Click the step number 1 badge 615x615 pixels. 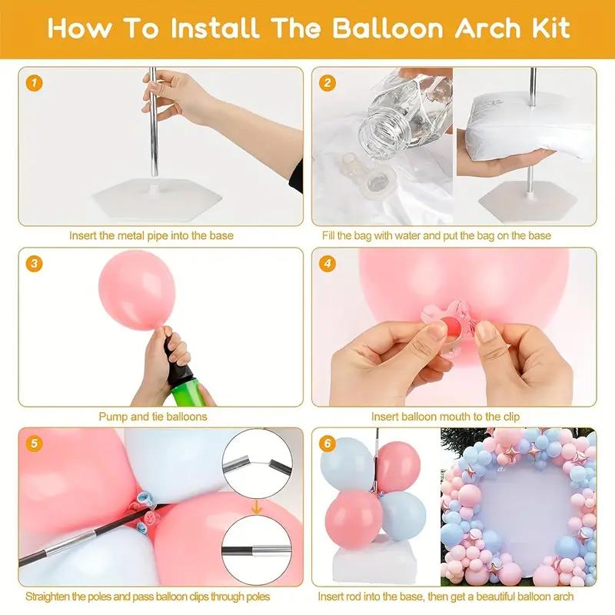click(x=32, y=83)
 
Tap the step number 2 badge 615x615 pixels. click(x=328, y=83)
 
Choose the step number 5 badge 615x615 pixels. click(x=32, y=444)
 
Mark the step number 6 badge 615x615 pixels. click(x=328, y=444)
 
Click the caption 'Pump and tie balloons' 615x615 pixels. click(x=152, y=417)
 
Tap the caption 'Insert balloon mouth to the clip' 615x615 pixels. click(x=445, y=417)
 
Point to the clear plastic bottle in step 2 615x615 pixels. click(x=392, y=115)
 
